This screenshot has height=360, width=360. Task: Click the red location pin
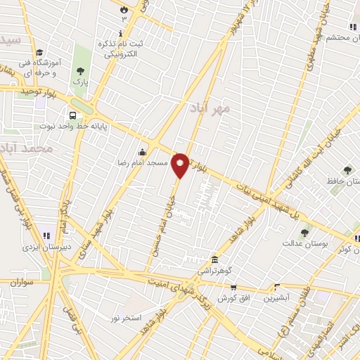coord(181,165)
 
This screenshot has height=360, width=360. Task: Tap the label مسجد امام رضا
coord(146,163)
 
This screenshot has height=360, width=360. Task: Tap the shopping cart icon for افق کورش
coord(233,287)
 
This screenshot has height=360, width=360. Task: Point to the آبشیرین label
coord(276,297)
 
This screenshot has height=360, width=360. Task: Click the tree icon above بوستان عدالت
coord(304,233)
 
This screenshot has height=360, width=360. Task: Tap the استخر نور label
coord(126,319)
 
